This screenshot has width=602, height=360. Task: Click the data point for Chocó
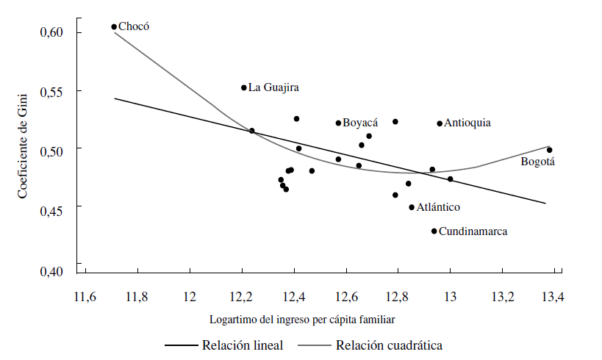coord(114,26)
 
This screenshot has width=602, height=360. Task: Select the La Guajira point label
coord(273,87)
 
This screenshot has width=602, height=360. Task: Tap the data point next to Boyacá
coord(338,123)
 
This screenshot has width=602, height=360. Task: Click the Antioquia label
coord(467,123)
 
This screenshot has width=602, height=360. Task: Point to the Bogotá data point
coord(549,150)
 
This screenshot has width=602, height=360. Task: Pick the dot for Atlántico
coord(412,207)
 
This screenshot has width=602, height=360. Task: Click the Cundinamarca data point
coord(434,231)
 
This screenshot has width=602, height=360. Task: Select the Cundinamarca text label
coord(473,231)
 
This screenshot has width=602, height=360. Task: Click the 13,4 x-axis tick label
coord(553,297)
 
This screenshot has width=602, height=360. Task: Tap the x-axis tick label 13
coord(450,297)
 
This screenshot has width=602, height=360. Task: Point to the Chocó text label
coord(134,26)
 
